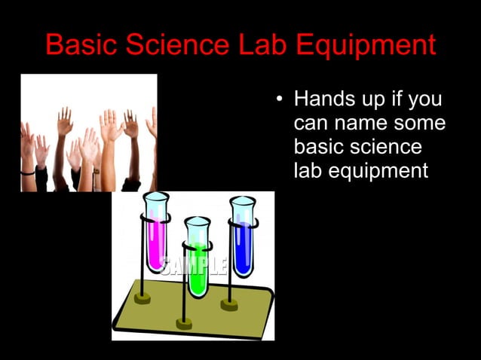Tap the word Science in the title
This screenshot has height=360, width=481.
[x=180, y=45]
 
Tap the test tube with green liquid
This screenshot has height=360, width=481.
[x=198, y=256]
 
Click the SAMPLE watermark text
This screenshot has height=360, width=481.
[x=193, y=266]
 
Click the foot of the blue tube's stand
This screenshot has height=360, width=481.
[x=230, y=304]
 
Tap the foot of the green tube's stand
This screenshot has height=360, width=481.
[x=184, y=324]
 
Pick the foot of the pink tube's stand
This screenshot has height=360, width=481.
[x=142, y=298]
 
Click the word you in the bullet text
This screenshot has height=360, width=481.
[x=426, y=99]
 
